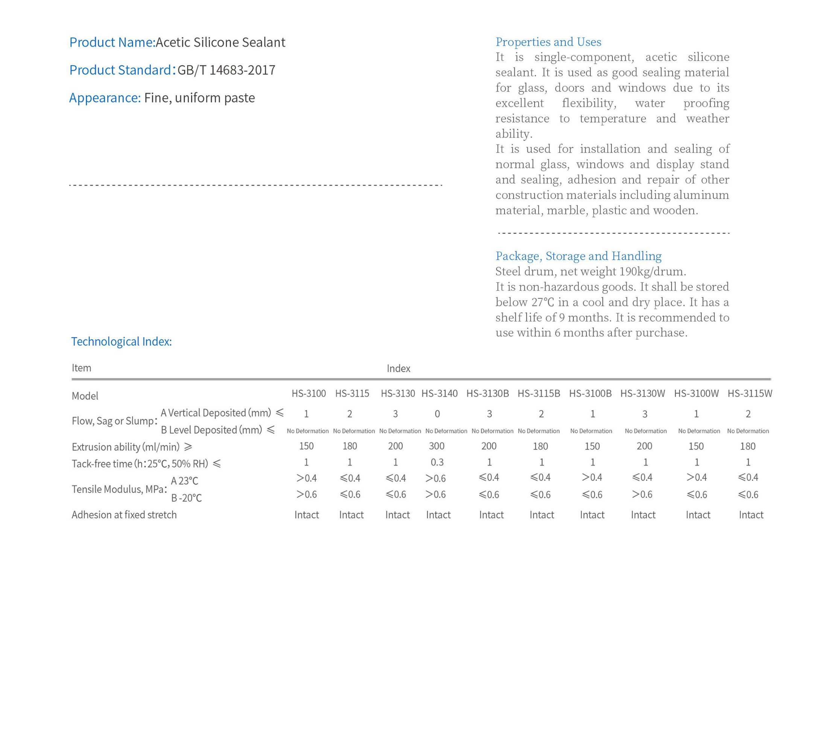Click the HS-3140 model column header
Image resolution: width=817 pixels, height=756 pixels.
click(x=439, y=393)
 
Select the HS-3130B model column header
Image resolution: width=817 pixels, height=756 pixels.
click(x=487, y=393)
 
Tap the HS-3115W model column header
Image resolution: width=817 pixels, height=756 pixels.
click(x=750, y=393)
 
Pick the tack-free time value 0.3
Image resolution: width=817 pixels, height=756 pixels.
click(x=437, y=462)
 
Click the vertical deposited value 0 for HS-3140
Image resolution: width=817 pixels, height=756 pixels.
click(x=437, y=414)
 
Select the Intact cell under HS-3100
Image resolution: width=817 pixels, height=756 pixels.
click(x=306, y=515)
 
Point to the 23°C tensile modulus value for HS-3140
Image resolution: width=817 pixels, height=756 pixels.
click(x=435, y=478)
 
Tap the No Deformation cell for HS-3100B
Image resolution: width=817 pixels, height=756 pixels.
click(x=591, y=431)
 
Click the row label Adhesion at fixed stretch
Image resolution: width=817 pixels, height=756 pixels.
click(x=124, y=515)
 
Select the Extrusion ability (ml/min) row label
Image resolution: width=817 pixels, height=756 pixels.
click(x=126, y=447)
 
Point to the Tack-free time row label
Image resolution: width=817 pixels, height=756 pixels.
click(x=140, y=463)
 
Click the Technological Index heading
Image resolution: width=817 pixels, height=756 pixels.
click(x=121, y=341)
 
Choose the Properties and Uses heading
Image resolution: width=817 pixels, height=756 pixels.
click(x=548, y=42)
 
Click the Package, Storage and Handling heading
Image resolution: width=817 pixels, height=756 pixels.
click(x=578, y=256)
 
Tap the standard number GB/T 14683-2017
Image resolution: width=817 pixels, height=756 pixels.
click(x=226, y=70)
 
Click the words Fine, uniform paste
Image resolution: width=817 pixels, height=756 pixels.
click(x=199, y=98)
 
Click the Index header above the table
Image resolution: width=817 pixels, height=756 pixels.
click(x=398, y=368)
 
